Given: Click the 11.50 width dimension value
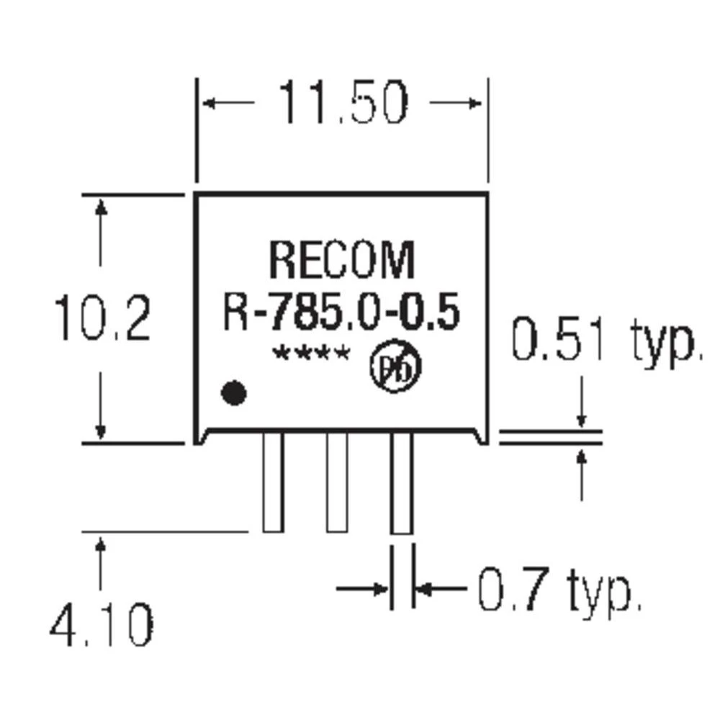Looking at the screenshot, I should (343, 103).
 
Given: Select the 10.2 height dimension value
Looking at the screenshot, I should (103, 319).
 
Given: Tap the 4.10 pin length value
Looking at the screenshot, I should (102, 625).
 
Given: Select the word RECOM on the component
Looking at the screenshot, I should (342, 261).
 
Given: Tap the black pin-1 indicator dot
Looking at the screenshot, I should (233, 393).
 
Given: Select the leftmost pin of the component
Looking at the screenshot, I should (272, 482).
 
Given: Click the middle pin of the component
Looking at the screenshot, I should (336, 482).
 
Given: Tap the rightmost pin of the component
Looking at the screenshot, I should (401, 482).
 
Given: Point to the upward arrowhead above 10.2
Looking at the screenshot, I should (102, 207).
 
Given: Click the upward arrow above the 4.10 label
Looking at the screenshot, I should (102, 547).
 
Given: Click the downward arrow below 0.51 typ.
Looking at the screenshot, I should (582, 419).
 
